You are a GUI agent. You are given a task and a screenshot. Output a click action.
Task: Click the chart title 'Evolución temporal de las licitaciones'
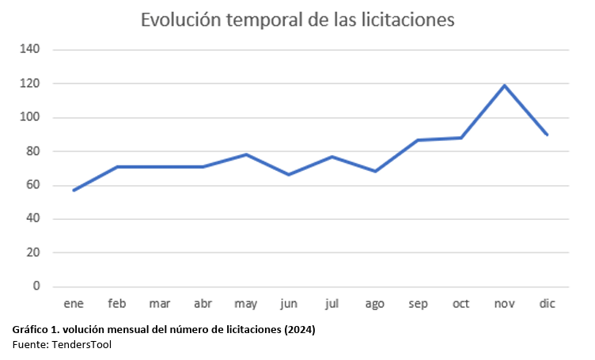click(297, 20)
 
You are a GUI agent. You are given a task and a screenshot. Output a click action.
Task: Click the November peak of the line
click(503, 85)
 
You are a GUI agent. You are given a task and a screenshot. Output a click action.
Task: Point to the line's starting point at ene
click(74, 191)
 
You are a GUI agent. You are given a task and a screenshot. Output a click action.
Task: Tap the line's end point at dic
click(547, 135)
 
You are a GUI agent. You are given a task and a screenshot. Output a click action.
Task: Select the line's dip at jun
click(289, 174)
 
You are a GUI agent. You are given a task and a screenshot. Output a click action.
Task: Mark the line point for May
click(246, 154)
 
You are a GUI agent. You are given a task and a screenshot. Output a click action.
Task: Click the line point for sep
click(418, 140)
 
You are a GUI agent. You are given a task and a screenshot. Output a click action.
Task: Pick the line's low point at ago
click(375, 171)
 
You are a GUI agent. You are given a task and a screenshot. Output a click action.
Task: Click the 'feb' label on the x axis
click(117, 304)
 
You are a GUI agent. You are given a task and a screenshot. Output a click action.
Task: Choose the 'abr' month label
click(203, 304)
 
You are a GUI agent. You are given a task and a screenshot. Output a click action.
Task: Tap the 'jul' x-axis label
click(332, 304)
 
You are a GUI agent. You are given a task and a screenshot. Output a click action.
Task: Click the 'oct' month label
click(460, 304)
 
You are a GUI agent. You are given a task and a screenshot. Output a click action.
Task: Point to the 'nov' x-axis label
click(503, 304)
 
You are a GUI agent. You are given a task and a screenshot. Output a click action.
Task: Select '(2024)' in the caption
click(298, 330)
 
